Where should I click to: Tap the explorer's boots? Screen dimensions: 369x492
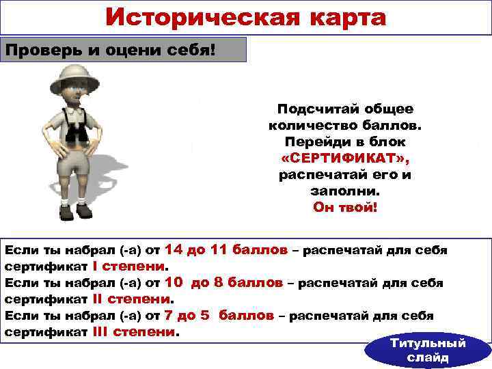coord(74,210)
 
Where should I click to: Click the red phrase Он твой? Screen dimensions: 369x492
coord(344,207)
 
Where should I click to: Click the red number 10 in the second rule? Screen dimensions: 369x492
coord(174,282)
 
